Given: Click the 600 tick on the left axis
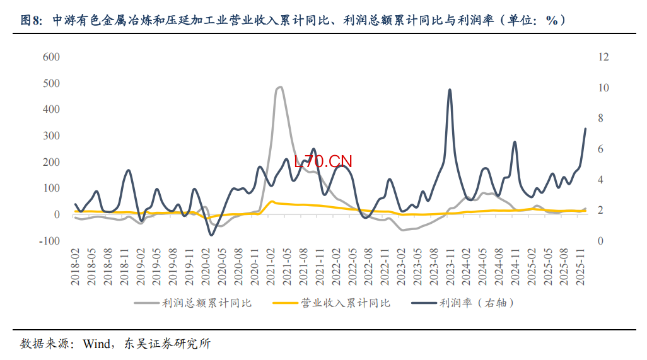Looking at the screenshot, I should click(x=51, y=57).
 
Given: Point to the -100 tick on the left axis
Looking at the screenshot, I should click(x=50, y=241).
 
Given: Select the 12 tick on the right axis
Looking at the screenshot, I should click(x=603, y=57).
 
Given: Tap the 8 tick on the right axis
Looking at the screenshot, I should click(x=601, y=119).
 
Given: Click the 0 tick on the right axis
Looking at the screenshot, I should click(x=601, y=241).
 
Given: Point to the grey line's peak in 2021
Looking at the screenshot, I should click(x=279, y=87).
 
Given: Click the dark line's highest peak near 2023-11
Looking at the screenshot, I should click(x=450, y=90).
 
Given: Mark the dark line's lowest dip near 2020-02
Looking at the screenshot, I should click(x=212, y=235).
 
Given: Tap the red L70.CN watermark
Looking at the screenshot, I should click(x=323, y=161).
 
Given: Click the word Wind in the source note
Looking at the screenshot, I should click(x=95, y=344).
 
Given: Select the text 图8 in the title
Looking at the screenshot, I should click(x=30, y=21).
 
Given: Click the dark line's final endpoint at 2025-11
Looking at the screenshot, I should click(x=585, y=129).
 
